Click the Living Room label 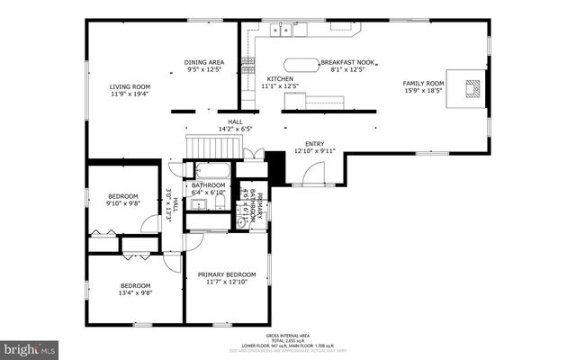130,86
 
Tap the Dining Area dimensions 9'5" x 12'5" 204,69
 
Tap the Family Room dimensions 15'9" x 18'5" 423,91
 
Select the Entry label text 314,143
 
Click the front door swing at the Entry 312,175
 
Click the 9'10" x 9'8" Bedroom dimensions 123,204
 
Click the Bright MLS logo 30,347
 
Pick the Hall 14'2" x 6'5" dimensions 234,130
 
